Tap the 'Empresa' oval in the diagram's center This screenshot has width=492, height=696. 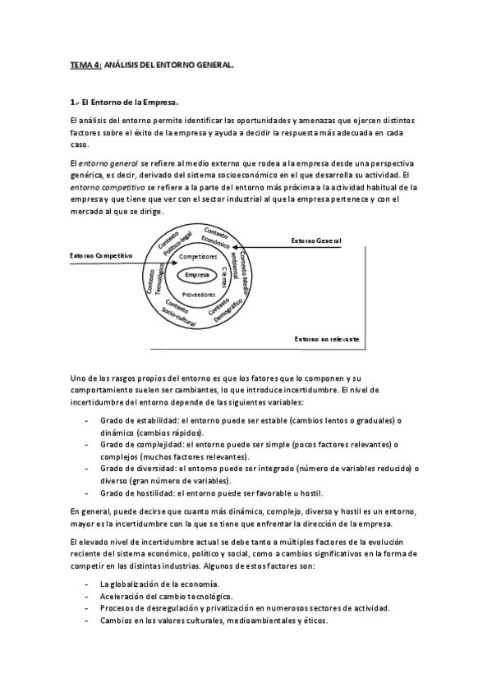point(197,274)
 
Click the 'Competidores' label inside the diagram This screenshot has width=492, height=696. point(197,257)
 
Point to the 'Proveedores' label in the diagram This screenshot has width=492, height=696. point(198,293)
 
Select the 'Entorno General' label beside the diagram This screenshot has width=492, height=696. point(315,240)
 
